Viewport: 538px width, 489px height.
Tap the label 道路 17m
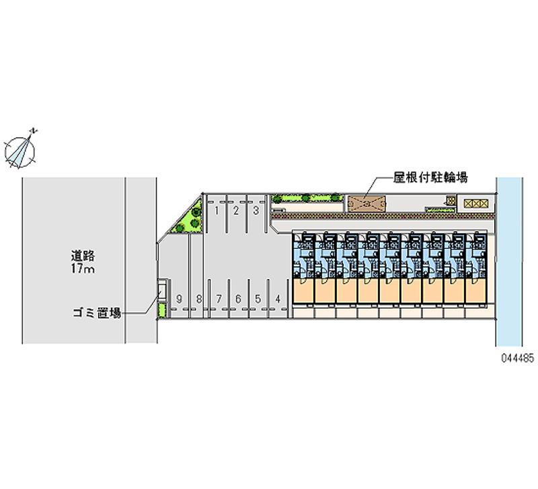click(84, 262)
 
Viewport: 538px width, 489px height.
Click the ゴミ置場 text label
click(98, 313)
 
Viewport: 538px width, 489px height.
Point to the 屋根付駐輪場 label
click(430, 178)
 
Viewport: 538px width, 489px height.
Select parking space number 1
click(217, 210)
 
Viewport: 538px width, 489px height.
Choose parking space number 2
click(236, 210)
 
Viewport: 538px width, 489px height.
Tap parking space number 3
click(256, 210)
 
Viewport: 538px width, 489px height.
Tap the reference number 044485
click(516, 359)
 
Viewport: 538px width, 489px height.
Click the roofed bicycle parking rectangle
click(367, 203)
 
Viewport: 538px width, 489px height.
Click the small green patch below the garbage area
click(161, 310)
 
